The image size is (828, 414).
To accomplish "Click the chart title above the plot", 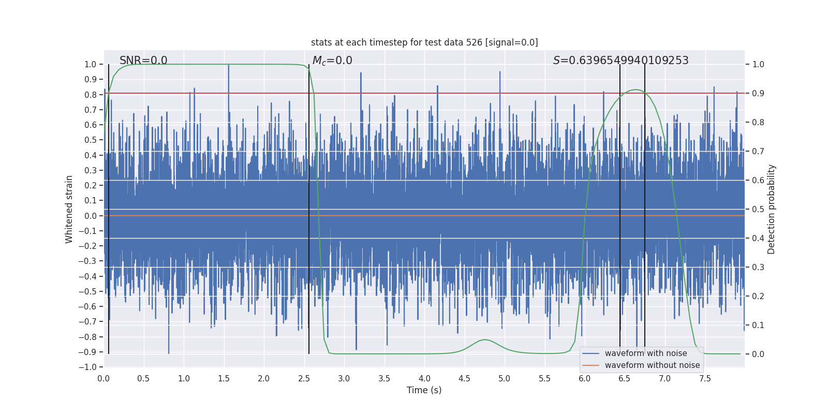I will point(424,42).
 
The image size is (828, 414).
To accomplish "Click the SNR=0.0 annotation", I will point(143,61).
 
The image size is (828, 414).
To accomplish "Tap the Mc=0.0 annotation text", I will point(332,61).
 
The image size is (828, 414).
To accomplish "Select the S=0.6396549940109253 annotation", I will point(620,61).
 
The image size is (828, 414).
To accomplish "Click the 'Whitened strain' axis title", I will point(69,209).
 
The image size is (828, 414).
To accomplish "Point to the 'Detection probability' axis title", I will point(772,209).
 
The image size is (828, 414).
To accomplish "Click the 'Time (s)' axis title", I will point(424,390).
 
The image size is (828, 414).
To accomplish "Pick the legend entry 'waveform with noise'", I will point(645,353).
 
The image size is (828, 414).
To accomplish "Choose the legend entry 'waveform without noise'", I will point(652,365).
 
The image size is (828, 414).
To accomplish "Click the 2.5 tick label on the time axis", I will point(304,379).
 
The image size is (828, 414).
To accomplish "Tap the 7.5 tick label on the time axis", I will point(705,379).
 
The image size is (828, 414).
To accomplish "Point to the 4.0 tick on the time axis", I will point(424,379).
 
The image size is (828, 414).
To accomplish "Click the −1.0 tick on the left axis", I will point(90,367).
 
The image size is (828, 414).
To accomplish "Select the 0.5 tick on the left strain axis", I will point(91,140).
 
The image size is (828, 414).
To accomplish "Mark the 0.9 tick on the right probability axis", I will point(758,94).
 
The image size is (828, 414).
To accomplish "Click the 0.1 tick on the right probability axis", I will point(758,326).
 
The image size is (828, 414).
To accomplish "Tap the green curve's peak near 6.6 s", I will point(635,90).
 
